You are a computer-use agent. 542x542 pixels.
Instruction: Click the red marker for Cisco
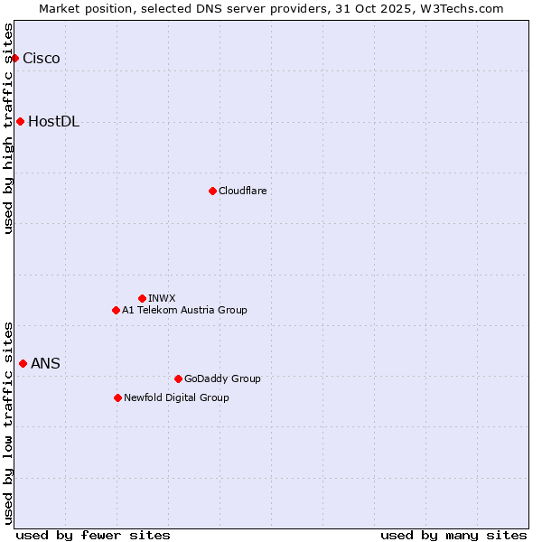pos(14,59)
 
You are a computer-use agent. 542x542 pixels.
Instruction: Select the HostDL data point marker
pos(20,122)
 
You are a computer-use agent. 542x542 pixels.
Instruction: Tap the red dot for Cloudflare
pos(212,191)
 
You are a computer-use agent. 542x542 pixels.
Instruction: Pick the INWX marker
pos(142,298)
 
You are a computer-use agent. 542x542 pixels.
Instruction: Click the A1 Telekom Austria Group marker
pos(116,310)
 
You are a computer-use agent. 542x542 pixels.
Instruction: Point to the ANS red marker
pos(23,363)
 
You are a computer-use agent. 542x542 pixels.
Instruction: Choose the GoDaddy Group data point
pos(178,378)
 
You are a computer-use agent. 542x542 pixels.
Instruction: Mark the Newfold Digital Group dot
pos(117,397)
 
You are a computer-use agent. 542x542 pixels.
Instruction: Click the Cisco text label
pos(42,59)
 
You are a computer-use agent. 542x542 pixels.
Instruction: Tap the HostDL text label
pos(53,122)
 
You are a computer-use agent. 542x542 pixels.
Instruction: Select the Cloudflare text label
pos(242,191)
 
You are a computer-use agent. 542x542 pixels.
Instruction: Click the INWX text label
pos(162,298)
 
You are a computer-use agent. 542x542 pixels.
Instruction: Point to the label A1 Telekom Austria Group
pos(184,310)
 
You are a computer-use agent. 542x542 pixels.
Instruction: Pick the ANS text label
pos(45,364)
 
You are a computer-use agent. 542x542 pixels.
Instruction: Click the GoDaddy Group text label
pos(222,378)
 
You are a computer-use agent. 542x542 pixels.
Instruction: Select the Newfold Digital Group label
pos(176,397)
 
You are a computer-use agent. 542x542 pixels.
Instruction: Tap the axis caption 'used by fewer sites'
pos(93,535)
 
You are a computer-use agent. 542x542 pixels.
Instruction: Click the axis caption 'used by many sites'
pos(453,535)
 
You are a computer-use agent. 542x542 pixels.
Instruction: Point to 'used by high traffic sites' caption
pos(8,128)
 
